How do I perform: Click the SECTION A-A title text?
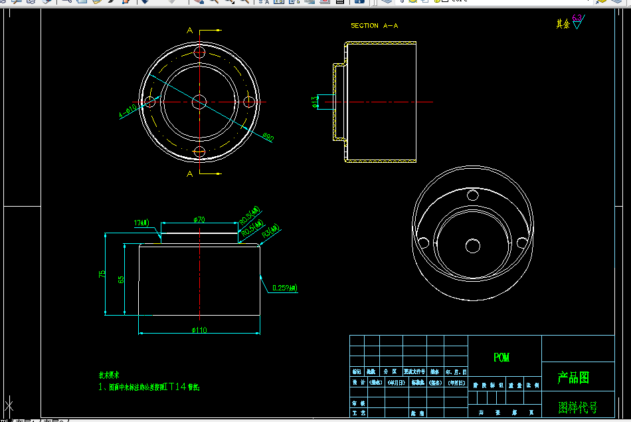click(374, 26)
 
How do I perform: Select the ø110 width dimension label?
click(200, 330)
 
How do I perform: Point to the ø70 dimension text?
click(199, 219)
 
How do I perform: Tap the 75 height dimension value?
click(102, 274)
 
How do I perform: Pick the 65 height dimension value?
click(121, 279)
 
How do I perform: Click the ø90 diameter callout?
click(268, 137)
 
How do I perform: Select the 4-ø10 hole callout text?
click(128, 110)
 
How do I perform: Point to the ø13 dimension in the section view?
click(314, 102)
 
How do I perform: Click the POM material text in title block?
click(501, 358)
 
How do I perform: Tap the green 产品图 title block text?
click(573, 378)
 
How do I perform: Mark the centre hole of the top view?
click(199, 101)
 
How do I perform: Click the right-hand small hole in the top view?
click(250, 102)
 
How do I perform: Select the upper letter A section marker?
click(190, 31)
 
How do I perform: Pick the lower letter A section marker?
click(190, 173)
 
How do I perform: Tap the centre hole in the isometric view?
click(473, 246)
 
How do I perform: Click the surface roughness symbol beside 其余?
click(577, 23)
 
